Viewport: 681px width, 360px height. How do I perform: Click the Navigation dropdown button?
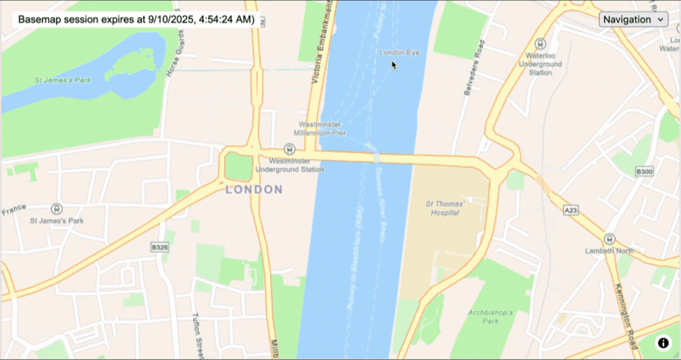633,20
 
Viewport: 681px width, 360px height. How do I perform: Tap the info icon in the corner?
663,342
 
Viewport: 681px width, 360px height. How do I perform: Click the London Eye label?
400,53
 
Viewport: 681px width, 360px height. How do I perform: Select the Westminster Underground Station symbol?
289,149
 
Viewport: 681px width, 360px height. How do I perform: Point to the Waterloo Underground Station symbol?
540,43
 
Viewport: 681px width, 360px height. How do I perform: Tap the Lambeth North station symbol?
609,239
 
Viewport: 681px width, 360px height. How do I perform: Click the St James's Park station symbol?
57,209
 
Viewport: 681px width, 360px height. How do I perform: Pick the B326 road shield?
160,248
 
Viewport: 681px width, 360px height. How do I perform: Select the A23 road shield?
571,210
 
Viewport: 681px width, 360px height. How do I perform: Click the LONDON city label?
254,190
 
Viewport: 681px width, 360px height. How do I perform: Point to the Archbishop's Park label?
490,316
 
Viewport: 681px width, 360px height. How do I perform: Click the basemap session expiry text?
136,20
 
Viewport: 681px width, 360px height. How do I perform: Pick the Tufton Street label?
197,333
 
